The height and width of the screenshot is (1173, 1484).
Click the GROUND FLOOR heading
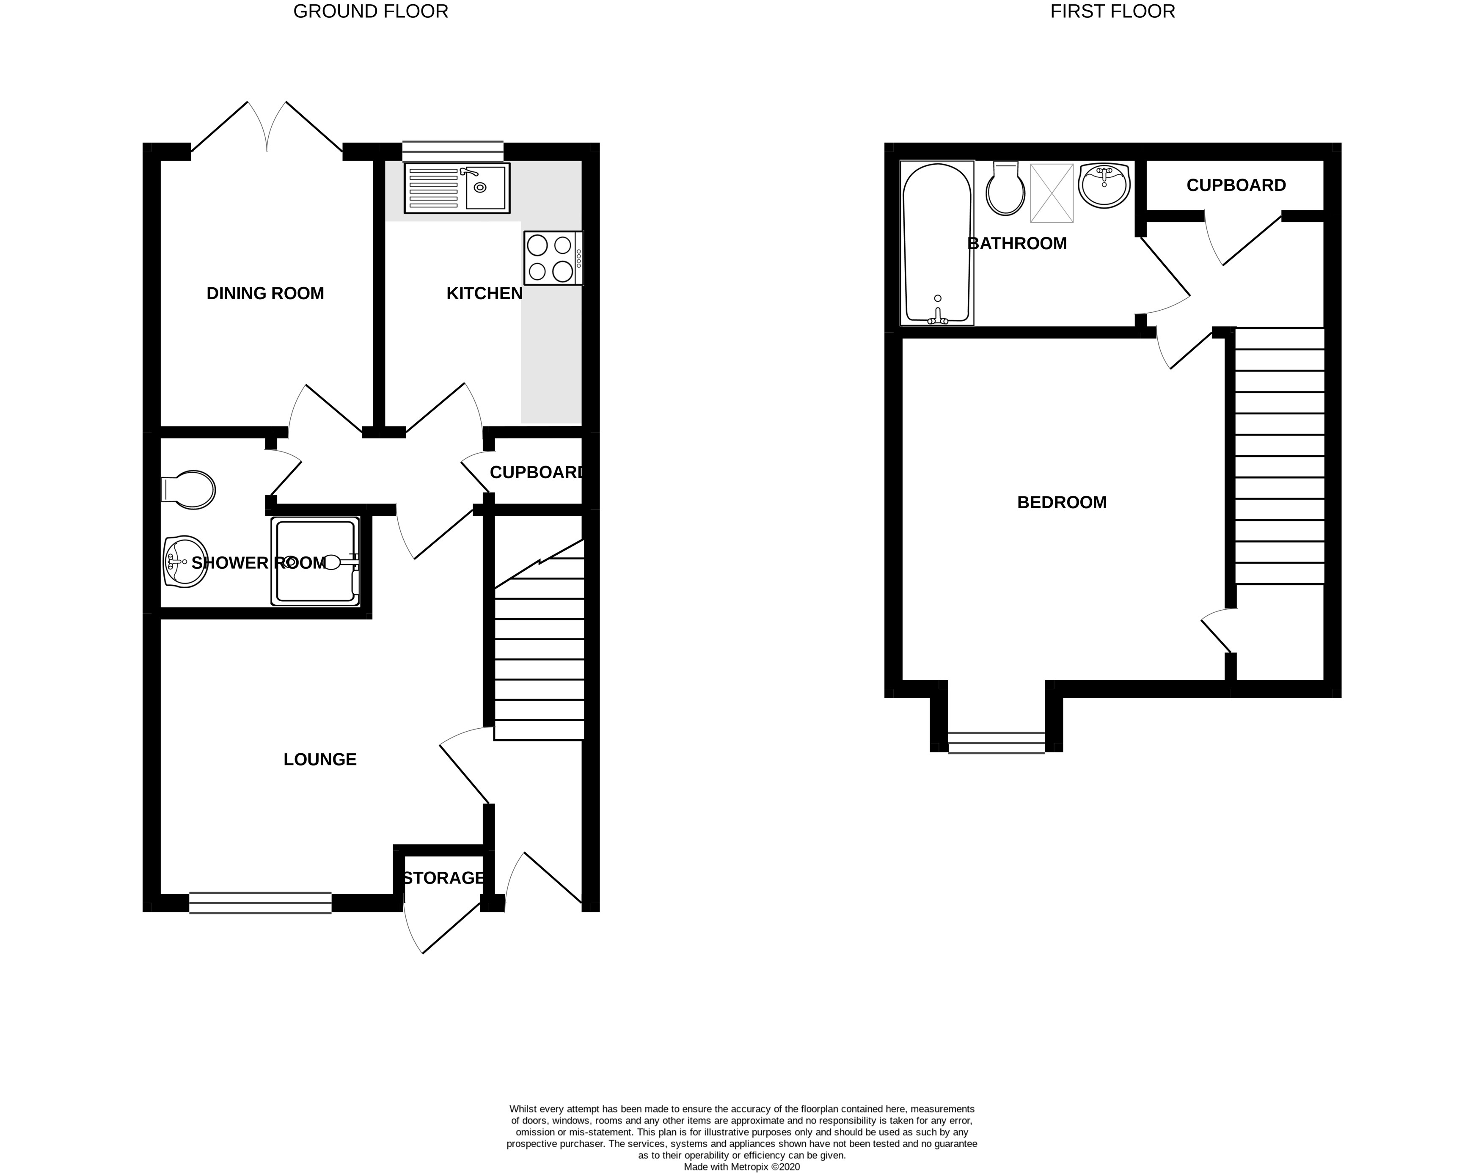[x=370, y=12]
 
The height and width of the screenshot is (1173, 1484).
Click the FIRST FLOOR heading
[x=1112, y=12]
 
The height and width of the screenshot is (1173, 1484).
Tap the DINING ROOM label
[x=265, y=293]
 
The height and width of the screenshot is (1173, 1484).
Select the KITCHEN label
[x=484, y=293]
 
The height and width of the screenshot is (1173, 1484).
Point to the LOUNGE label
[x=320, y=759]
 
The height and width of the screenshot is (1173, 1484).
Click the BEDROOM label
[x=1062, y=502]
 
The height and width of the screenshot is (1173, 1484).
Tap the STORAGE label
[x=443, y=878]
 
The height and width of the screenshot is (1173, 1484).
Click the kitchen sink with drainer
[x=457, y=187]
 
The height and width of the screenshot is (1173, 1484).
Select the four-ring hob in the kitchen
[x=553, y=258]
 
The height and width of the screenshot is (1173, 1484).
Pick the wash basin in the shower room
[x=185, y=562]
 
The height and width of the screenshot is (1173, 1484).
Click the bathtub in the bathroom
[x=937, y=242]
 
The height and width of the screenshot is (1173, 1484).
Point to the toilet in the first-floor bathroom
[x=1005, y=189]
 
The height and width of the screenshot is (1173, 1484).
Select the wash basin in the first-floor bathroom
[x=1104, y=184]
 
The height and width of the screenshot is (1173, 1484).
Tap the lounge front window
[x=260, y=903]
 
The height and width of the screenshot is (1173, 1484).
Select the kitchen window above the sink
[x=452, y=150]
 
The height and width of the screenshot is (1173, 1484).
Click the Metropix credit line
[x=742, y=1167]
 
